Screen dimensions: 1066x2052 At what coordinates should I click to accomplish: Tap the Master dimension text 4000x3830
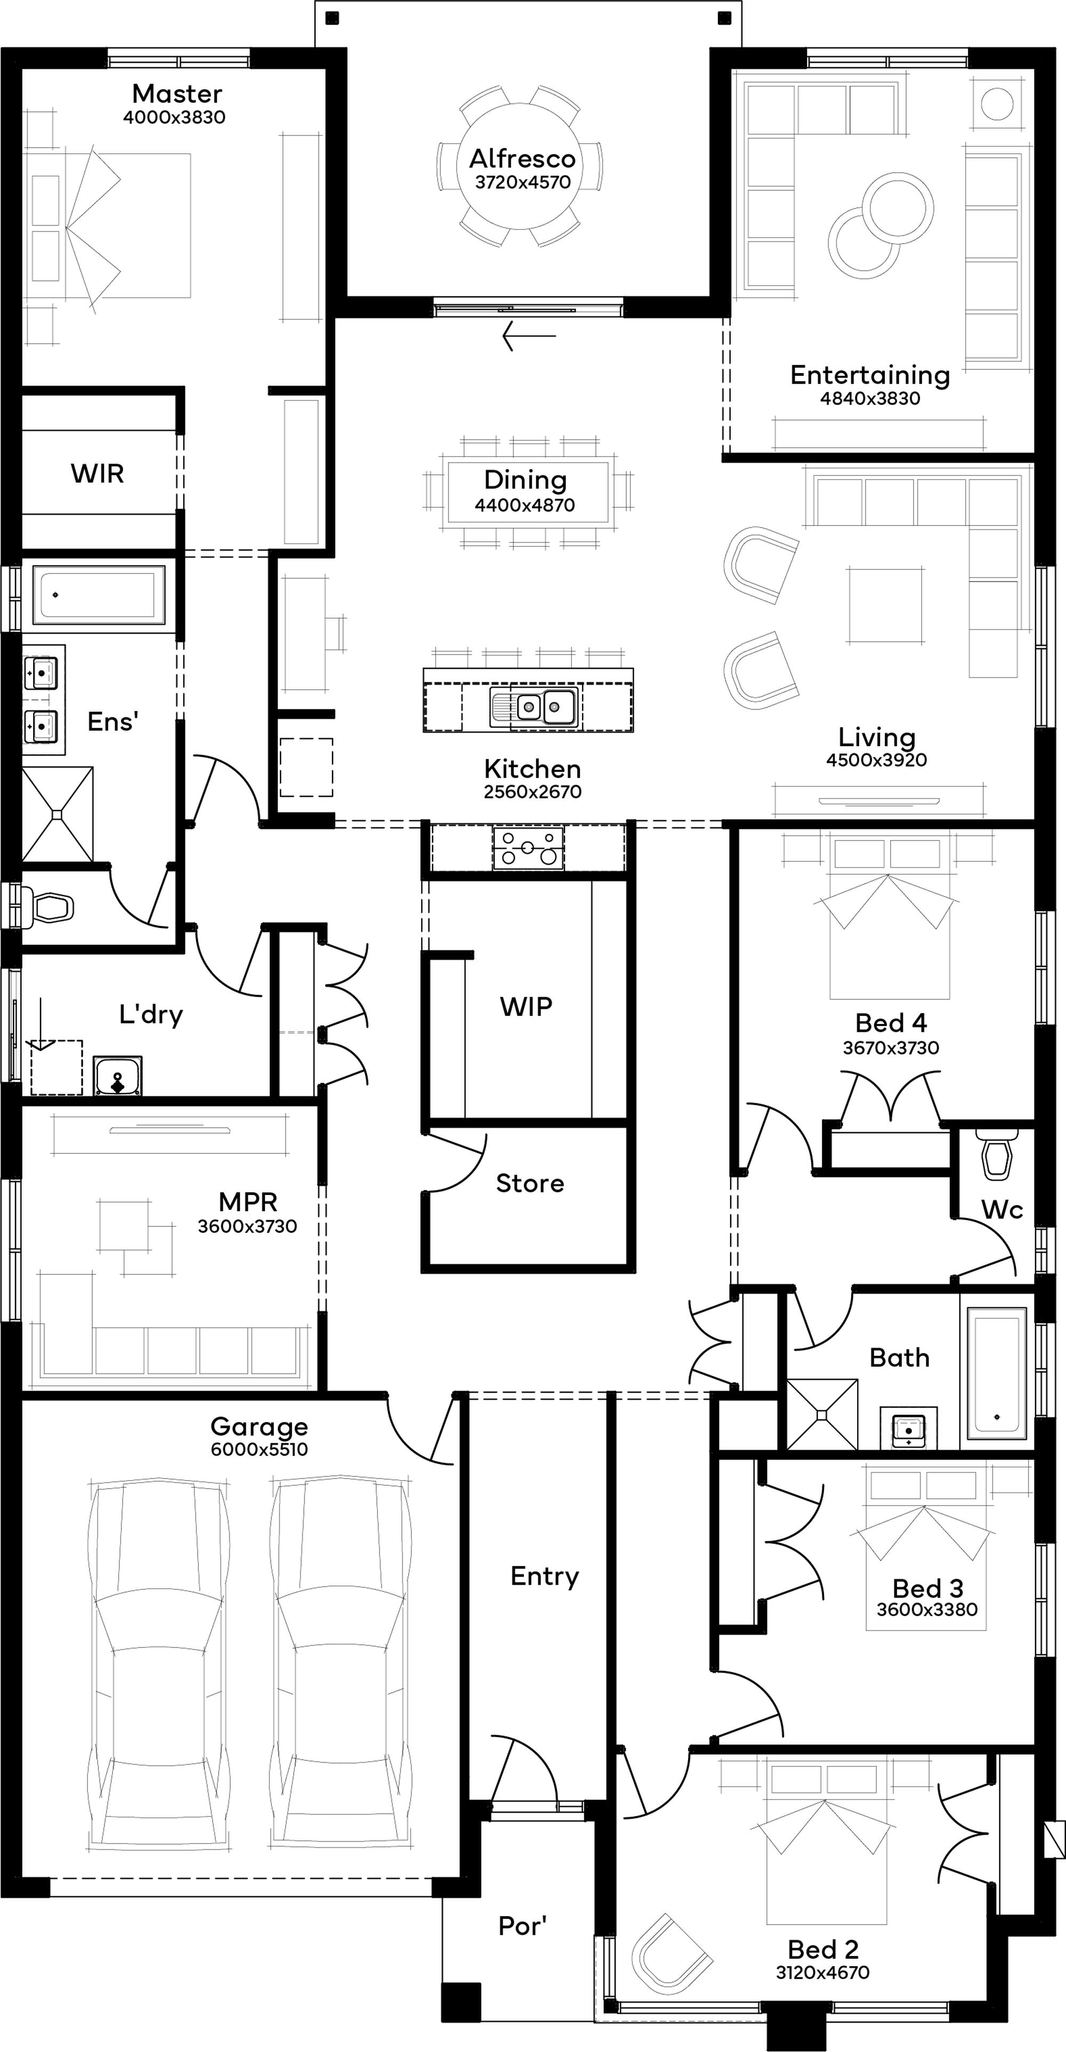pyautogui.click(x=174, y=117)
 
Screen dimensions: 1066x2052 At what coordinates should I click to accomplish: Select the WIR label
pyautogui.click(x=97, y=473)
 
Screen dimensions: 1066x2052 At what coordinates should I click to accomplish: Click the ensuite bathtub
pyautogui.click(x=99, y=594)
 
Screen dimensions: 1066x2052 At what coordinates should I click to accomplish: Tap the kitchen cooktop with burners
pyautogui.click(x=528, y=847)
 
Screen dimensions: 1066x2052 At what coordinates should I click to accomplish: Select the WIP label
pyautogui.click(x=526, y=1006)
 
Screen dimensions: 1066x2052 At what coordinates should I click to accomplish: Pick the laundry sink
pyautogui.click(x=118, y=1076)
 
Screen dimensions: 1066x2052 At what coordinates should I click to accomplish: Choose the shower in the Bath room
pyautogui.click(x=822, y=1415)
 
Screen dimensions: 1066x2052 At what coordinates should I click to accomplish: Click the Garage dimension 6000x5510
pyautogui.click(x=259, y=1449)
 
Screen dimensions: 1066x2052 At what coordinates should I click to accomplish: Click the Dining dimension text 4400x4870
pyautogui.click(x=525, y=505)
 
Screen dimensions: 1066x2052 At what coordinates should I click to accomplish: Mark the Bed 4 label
pyautogui.click(x=891, y=1023)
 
